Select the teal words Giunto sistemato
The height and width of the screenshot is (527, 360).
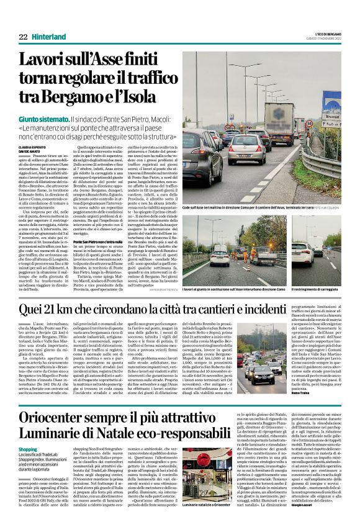point(43,119)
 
